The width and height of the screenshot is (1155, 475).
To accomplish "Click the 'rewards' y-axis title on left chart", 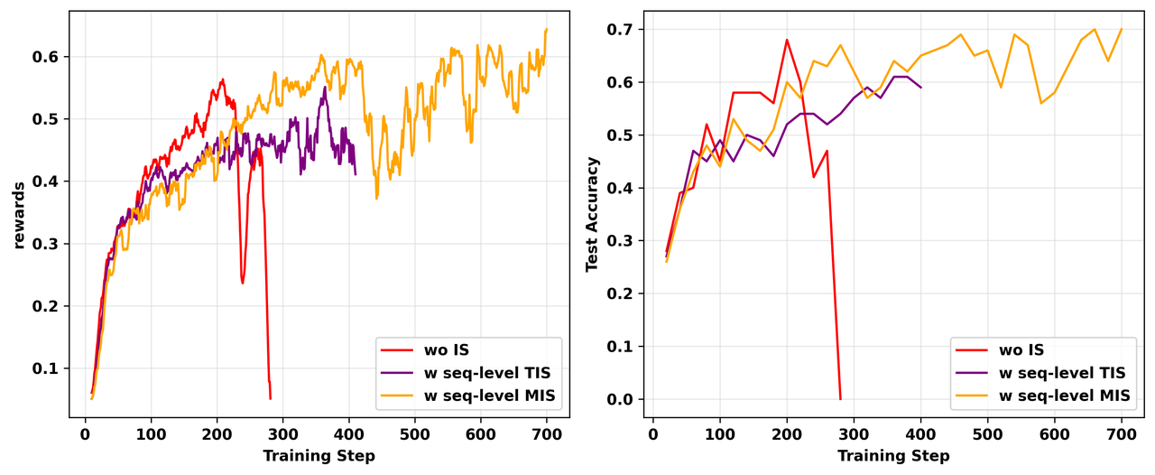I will click(x=19, y=214).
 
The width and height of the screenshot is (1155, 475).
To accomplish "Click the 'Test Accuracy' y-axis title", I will click(x=592, y=214).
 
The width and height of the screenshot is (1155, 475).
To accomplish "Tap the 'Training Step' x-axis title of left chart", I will click(x=319, y=456).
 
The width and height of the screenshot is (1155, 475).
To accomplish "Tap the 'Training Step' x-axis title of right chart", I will click(x=893, y=456).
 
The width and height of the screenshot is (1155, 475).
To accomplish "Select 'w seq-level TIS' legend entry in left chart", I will click(x=485, y=372).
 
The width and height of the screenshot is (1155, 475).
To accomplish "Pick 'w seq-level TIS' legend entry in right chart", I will click(x=1060, y=372).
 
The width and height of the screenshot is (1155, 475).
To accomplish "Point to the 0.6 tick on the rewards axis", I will click(x=52, y=57).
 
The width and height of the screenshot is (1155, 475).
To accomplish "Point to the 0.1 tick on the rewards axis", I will click(x=52, y=368).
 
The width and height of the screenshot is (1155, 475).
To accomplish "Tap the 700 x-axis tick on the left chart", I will click(x=546, y=433).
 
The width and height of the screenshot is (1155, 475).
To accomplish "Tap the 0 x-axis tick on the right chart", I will click(x=653, y=433).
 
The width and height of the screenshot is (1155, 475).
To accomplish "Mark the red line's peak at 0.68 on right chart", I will click(x=787, y=40).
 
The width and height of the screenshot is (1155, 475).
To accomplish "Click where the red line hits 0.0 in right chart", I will click(x=840, y=399).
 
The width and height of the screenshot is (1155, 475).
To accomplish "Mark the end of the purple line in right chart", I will click(x=920, y=88).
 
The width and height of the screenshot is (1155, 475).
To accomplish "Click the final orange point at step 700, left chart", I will click(x=547, y=29).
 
